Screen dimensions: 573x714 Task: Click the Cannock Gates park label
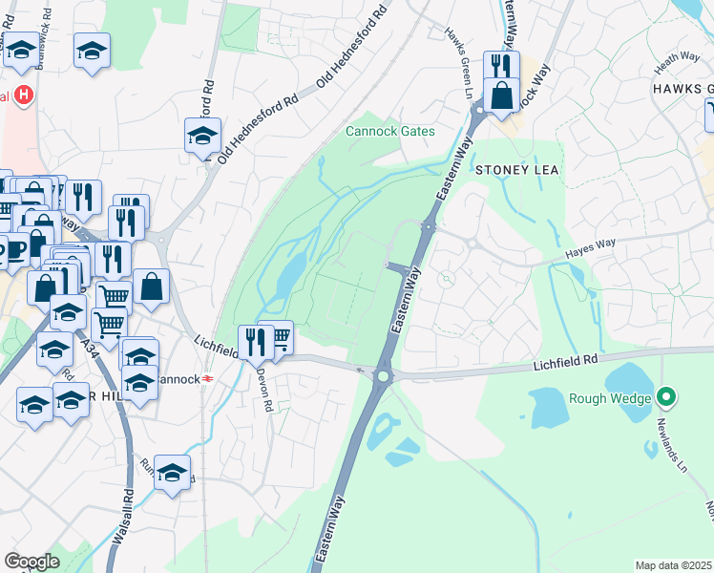389,131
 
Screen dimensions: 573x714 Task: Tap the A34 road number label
90,343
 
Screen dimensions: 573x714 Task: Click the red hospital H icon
24,96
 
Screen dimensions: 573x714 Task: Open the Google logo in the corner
31,562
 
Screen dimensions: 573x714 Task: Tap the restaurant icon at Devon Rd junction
255,341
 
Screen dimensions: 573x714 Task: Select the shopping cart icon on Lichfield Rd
280,337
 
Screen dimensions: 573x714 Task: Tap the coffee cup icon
14,250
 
